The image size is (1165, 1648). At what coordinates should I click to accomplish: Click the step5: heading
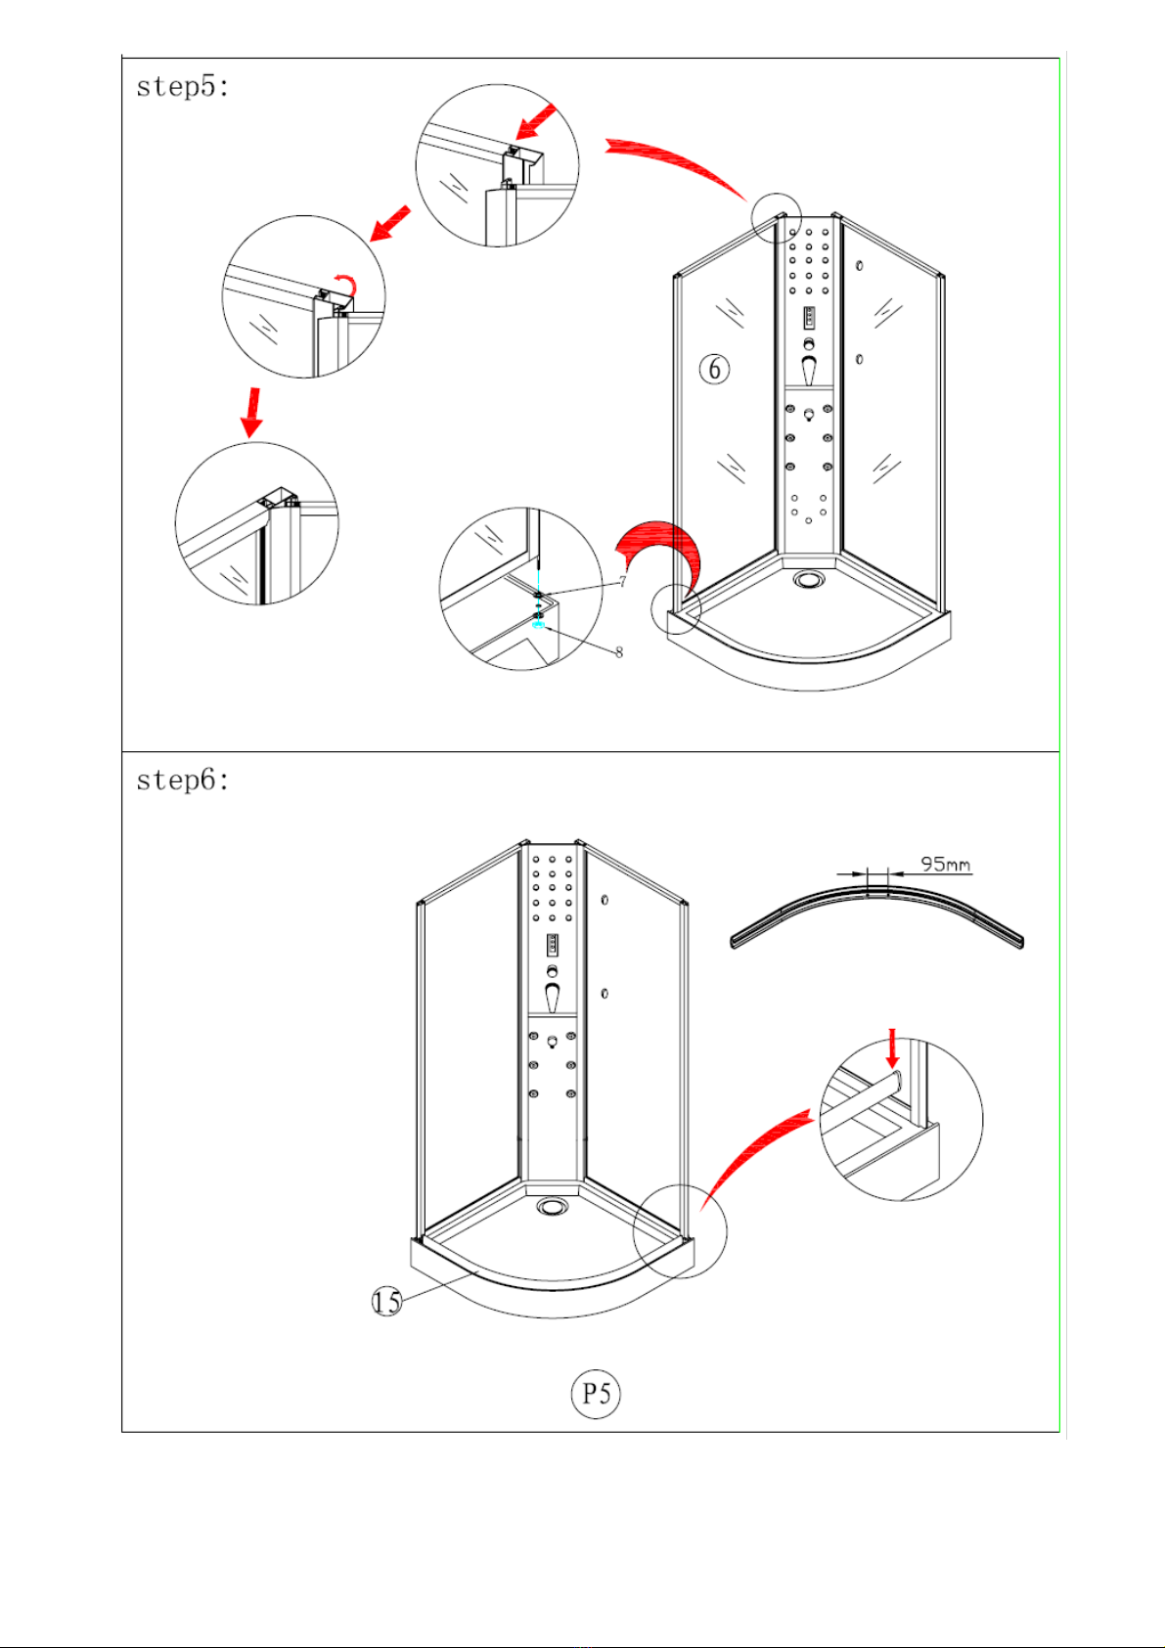click(183, 87)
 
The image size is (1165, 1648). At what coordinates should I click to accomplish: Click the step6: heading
click(183, 779)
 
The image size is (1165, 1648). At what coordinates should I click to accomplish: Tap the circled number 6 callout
click(715, 369)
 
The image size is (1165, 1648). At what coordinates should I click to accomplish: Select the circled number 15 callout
click(387, 1302)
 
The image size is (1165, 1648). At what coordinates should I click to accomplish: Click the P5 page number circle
click(596, 1394)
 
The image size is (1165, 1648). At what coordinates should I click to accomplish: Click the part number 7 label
click(623, 582)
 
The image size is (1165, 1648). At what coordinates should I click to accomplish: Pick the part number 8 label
click(619, 652)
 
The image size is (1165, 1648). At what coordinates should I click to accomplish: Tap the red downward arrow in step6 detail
click(893, 1047)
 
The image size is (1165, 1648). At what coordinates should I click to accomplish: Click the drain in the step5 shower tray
click(809, 580)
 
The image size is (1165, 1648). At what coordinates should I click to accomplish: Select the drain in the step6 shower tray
click(552, 1206)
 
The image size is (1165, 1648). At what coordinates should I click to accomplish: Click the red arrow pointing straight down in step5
click(252, 413)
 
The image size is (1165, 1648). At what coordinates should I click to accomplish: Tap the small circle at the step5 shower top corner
click(777, 218)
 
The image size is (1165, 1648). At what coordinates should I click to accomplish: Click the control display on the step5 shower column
click(809, 318)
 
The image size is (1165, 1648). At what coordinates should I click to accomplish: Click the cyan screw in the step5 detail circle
click(538, 625)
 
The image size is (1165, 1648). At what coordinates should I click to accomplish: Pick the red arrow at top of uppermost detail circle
click(535, 121)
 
